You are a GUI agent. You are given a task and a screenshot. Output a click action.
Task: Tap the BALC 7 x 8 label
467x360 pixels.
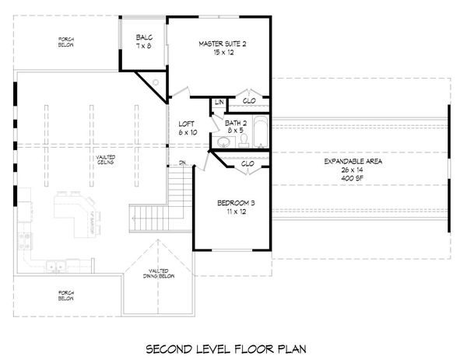[144, 41]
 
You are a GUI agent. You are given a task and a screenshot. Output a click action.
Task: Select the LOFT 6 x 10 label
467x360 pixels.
[188, 128]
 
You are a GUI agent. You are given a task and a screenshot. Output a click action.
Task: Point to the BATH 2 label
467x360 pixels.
[236, 127]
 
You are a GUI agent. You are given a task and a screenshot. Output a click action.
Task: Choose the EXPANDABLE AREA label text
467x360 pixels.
[354, 166]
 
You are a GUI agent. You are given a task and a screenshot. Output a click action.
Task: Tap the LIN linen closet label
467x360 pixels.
[219, 103]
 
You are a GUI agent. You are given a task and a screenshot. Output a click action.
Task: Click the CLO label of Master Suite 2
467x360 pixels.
[249, 101]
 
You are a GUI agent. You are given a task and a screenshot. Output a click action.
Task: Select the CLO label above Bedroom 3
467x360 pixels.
[248, 164]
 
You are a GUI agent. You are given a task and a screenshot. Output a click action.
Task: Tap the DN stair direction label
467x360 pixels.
[181, 163]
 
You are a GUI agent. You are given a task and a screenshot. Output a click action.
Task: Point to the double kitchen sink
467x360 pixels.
[54, 267]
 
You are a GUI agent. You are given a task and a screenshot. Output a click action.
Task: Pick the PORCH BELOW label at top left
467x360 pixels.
[65, 40]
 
